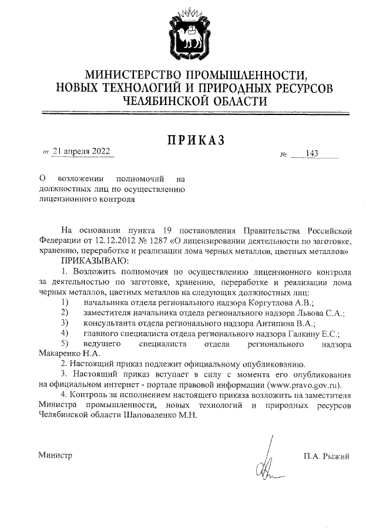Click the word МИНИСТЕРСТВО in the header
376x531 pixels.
pyautogui.click(x=134, y=76)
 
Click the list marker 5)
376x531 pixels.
pyautogui.click(x=66, y=343)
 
